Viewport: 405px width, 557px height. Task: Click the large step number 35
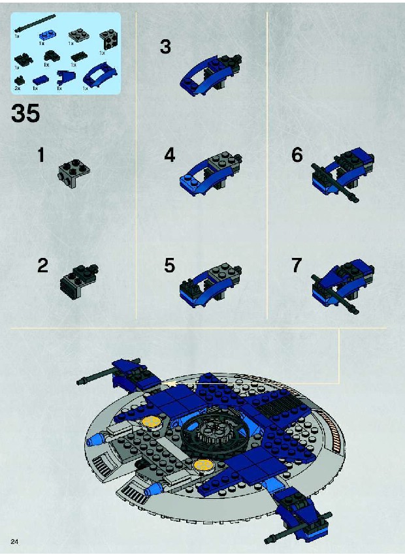point(25,114)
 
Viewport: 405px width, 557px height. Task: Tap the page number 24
point(14,542)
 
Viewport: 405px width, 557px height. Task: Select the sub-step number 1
point(41,155)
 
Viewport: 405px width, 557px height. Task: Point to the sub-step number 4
point(169,155)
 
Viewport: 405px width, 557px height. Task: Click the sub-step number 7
point(297,265)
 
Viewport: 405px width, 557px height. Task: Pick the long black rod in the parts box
point(35,24)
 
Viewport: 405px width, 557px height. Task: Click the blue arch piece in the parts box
point(100,74)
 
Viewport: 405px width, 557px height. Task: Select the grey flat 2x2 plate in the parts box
point(78,35)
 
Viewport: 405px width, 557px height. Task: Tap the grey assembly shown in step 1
point(74,172)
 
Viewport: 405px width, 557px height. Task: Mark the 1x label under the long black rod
point(17,36)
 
